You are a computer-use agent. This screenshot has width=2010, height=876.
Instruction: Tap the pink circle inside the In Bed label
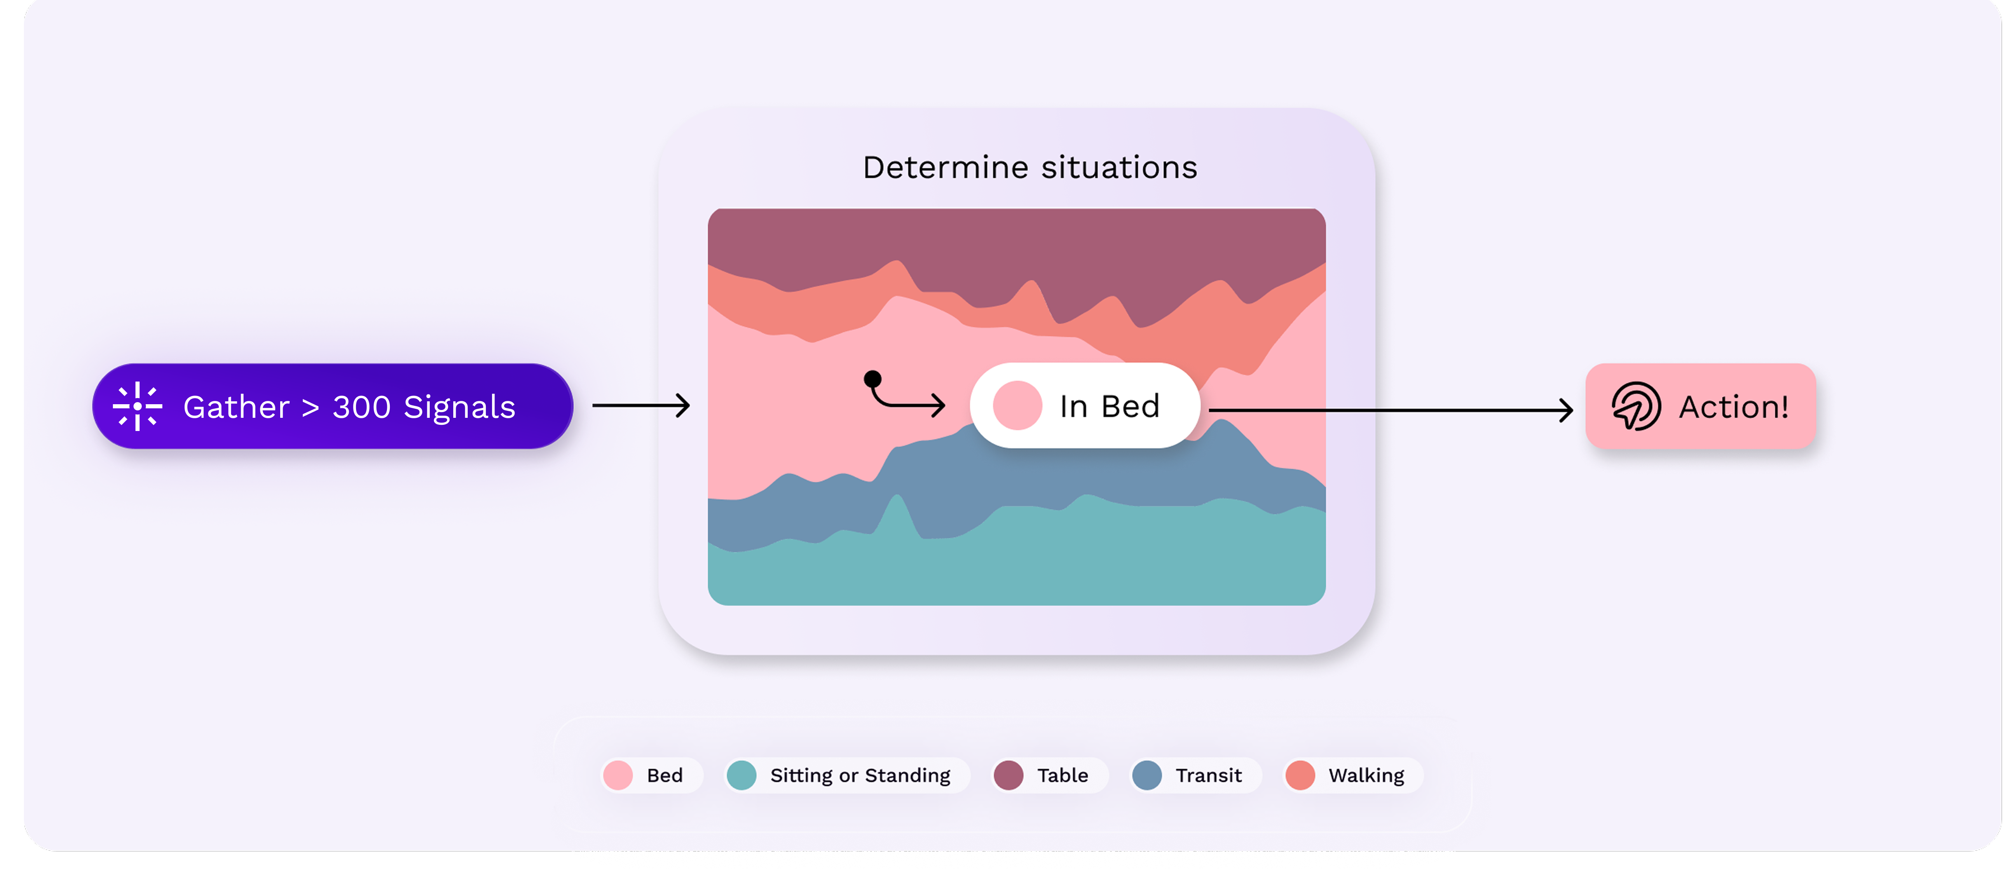pyautogui.click(x=1017, y=405)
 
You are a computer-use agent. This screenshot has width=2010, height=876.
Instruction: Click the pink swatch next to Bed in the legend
pyautogui.click(x=618, y=775)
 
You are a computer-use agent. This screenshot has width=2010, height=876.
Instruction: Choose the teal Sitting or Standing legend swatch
pyautogui.click(x=741, y=775)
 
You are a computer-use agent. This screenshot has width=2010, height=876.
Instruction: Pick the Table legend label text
pyautogui.click(x=1062, y=775)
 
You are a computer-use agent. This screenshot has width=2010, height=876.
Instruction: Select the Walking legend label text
pyautogui.click(x=1366, y=775)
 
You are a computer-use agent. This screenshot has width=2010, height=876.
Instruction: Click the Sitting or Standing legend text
pyautogui.click(x=860, y=775)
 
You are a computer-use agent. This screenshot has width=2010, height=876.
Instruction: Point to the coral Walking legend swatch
pyautogui.click(x=1300, y=775)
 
